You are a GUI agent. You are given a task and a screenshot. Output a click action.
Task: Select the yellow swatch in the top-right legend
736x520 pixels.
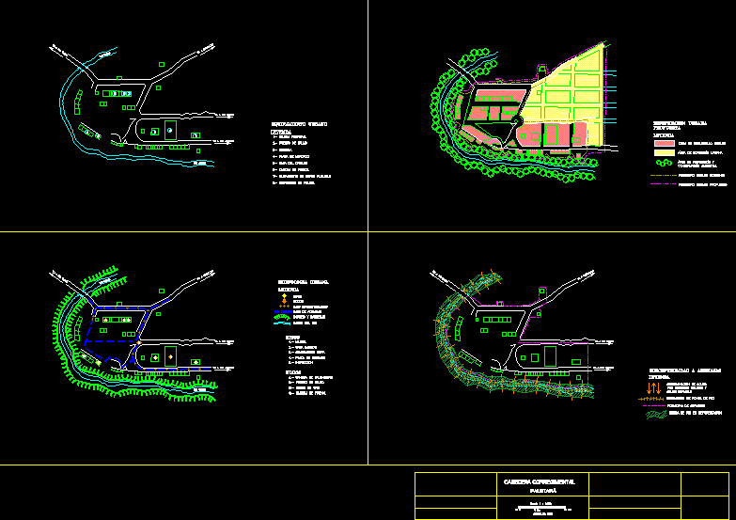coord(664,151)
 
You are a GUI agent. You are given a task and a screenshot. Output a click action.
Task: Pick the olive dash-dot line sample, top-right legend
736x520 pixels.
coord(664,185)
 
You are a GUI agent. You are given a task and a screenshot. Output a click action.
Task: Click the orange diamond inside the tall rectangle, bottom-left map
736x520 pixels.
coord(170,357)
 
